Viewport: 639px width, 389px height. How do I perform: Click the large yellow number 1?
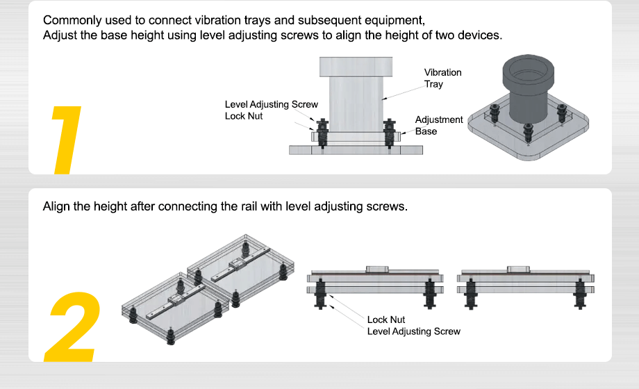pyautogui.click(x=67, y=138)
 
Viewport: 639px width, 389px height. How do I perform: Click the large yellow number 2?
pyautogui.click(x=72, y=327)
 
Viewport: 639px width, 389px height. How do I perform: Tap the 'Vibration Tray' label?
pyautogui.click(x=442, y=78)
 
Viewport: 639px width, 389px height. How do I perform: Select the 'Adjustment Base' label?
pyautogui.click(x=438, y=126)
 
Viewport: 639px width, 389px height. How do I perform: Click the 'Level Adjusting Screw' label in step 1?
pyautogui.click(x=271, y=104)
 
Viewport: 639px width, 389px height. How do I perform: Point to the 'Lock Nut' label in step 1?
pyautogui.click(x=244, y=116)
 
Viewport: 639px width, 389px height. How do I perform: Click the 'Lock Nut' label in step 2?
pyautogui.click(x=385, y=320)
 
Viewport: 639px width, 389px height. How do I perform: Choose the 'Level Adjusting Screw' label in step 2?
pyautogui.click(x=413, y=331)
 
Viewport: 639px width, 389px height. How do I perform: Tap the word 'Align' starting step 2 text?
pyautogui.click(x=56, y=206)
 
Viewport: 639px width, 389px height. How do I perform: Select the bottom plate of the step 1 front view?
pyautogui.click(x=356, y=149)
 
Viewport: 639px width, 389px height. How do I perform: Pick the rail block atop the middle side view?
pyautogui.click(x=378, y=268)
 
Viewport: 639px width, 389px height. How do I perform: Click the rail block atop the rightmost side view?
pyautogui.click(x=519, y=269)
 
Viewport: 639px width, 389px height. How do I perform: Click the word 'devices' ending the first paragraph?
pyautogui.click(x=480, y=35)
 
